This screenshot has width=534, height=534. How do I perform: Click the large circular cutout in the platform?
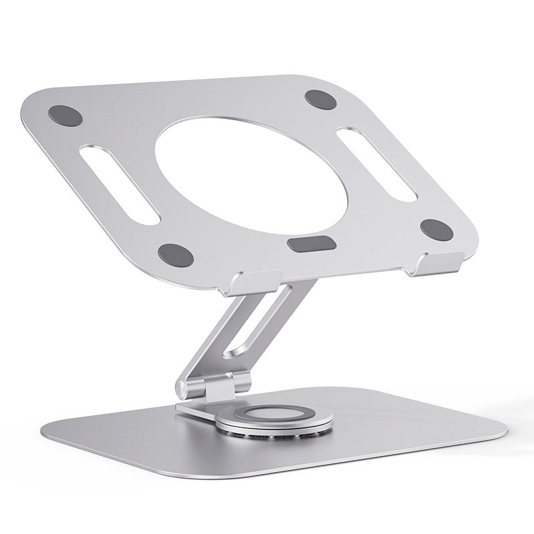[x=221, y=168]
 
